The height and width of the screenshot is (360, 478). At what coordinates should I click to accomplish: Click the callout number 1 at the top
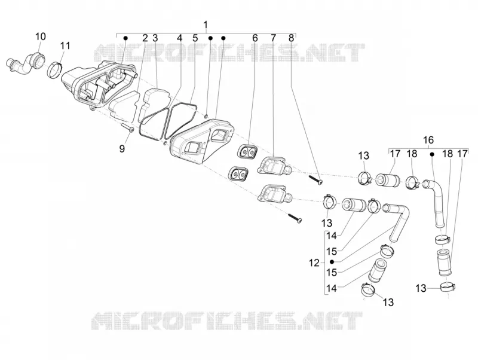(x=206, y=25)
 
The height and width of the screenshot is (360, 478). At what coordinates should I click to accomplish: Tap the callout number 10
(x=40, y=36)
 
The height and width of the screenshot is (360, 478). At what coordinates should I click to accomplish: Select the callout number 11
(x=65, y=46)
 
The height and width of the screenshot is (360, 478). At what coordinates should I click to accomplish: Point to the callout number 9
(x=122, y=148)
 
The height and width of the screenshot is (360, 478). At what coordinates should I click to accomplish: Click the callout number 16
(x=428, y=140)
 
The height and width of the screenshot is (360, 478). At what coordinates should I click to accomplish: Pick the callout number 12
(x=314, y=263)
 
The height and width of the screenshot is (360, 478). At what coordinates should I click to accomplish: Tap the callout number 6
(x=255, y=38)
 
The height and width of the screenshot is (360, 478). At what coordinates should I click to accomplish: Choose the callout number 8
(x=291, y=38)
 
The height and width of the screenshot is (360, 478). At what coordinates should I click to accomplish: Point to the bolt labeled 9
(x=128, y=127)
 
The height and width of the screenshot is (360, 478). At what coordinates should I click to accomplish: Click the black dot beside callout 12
(x=332, y=262)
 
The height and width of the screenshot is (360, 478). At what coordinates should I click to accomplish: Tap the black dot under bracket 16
(x=432, y=154)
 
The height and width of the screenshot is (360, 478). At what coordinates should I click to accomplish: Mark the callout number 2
(x=145, y=38)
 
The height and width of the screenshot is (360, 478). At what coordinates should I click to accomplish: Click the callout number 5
(x=195, y=38)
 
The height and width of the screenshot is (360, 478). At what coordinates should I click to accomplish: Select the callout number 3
(x=155, y=38)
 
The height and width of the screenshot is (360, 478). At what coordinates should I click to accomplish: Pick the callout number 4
(x=180, y=38)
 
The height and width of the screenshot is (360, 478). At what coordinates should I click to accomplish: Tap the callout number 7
(x=273, y=38)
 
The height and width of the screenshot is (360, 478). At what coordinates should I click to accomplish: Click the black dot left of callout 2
(x=125, y=38)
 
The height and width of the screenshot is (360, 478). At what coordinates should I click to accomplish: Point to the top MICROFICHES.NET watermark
(x=229, y=53)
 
